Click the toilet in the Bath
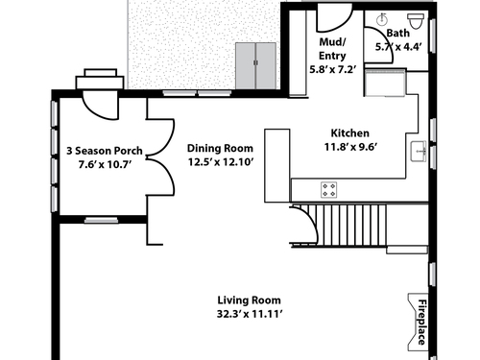(x=416, y=20)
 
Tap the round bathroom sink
(x=382, y=20)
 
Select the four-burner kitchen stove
(x=329, y=190)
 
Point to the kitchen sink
(x=419, y=151)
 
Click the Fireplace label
(x=422, y=322)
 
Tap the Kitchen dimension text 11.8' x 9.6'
(x=350, y=147)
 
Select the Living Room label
(x=250, y=300)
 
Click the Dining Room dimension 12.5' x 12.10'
(x=221, y=162)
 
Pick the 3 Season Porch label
(x=105, y=151)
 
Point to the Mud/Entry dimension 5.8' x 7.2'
(x=332, y=69)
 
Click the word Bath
(x=397, y=33)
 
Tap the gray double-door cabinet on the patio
(x=255, y=66)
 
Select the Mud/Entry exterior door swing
(x=334, y=18)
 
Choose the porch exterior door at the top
(x=100, y=105)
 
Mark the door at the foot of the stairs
(x=304, y=225)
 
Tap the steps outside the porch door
(x=100, y=79)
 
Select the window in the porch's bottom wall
(x=101, y=220)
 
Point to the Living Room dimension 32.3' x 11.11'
(x=250, y=314)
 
